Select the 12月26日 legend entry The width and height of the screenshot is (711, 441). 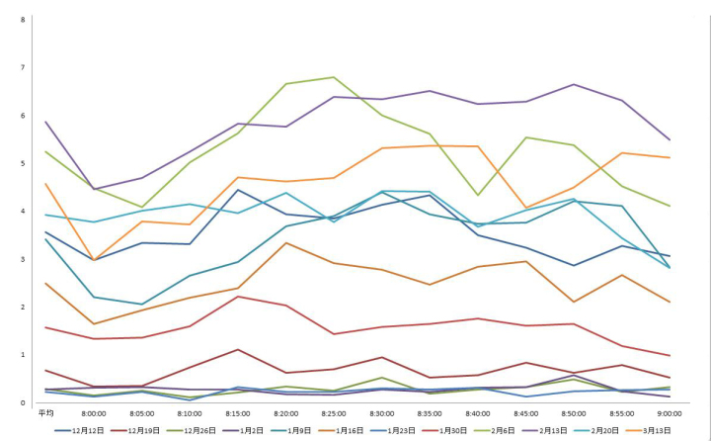pos(197,431)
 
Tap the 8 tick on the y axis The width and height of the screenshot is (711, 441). pos(23,20)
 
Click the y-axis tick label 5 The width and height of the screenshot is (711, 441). pos(23,163)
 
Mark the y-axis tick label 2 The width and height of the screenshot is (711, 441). pos(23,307)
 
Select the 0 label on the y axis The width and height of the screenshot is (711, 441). pos(23,402)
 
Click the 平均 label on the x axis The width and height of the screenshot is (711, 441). pos(45,413)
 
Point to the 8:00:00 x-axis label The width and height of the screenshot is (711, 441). pos(94,413)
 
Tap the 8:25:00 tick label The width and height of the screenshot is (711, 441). pos(334,413)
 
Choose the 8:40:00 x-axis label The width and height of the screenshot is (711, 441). pos(478,413)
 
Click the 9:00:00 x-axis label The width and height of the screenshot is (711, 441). pos(671,413)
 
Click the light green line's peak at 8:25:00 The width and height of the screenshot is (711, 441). pos(334,77)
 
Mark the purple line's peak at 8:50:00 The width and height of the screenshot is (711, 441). pos(574,84)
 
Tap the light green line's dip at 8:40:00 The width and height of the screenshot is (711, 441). pos(478,195)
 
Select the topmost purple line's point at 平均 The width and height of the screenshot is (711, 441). pos(45,122)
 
